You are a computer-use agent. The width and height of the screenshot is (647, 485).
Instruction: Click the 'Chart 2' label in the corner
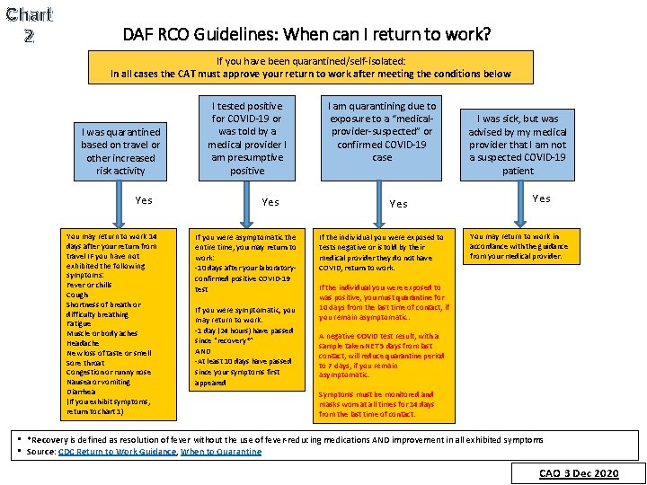pyautogui.click(x=29, y=25)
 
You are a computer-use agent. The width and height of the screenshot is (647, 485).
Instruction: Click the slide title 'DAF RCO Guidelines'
pyautogui.click(x=306, y=35)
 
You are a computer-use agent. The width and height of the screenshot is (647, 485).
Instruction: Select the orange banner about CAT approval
pyautogui.click(x=310, y=67)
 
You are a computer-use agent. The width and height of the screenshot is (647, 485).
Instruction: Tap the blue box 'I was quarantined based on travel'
pyautogui.click(x=120, y=151)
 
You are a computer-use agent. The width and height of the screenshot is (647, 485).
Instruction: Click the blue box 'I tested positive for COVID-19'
pyautogui.click(x=247, y=137)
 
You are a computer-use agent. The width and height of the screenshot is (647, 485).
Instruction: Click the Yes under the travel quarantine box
pyautogui.click(x=143, y=200)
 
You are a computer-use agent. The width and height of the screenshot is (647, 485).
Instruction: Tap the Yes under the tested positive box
pyautogui.click(x=270, y=202)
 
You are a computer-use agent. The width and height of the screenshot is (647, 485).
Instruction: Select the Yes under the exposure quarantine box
pyautogui.click(x=398, y=204)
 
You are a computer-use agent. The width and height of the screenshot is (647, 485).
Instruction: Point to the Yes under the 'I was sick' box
pyautogui.click(x=541, y=198)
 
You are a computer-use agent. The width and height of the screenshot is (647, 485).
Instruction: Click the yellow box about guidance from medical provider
pyautogui.click(x=516, y=247)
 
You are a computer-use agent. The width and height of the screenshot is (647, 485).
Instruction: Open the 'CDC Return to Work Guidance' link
pyautogui.click(x=117, y=452)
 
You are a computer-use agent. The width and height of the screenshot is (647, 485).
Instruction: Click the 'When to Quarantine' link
pyautogui.click(x=221, y=452)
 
